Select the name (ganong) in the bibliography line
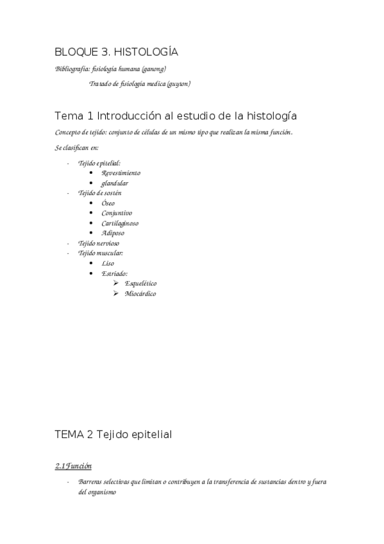click(154, 69)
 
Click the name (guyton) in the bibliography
click(178, 83)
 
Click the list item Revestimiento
click(121, 173)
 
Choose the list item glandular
click(115, 183)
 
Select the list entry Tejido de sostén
click(100, 192)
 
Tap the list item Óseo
click(108, 203)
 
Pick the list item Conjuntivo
click(117, 213)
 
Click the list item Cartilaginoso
click(120, 223)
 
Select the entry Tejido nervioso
click(99, 243)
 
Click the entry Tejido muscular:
click(101, 253)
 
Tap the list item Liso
click(108, 263)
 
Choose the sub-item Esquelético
click(140, 283)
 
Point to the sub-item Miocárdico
click(140, 293)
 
